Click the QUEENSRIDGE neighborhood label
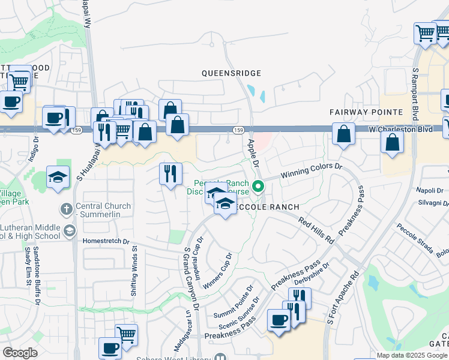tap(231, 73)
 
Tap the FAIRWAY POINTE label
tap(365, 112)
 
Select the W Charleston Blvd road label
tap(400, 128)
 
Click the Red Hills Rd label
tap(315, 230)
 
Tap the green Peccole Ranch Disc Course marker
tap(258, 187)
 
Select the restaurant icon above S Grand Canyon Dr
tap(170, 173)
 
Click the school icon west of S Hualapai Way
tap(58, 177)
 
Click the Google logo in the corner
tap(20, 353)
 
